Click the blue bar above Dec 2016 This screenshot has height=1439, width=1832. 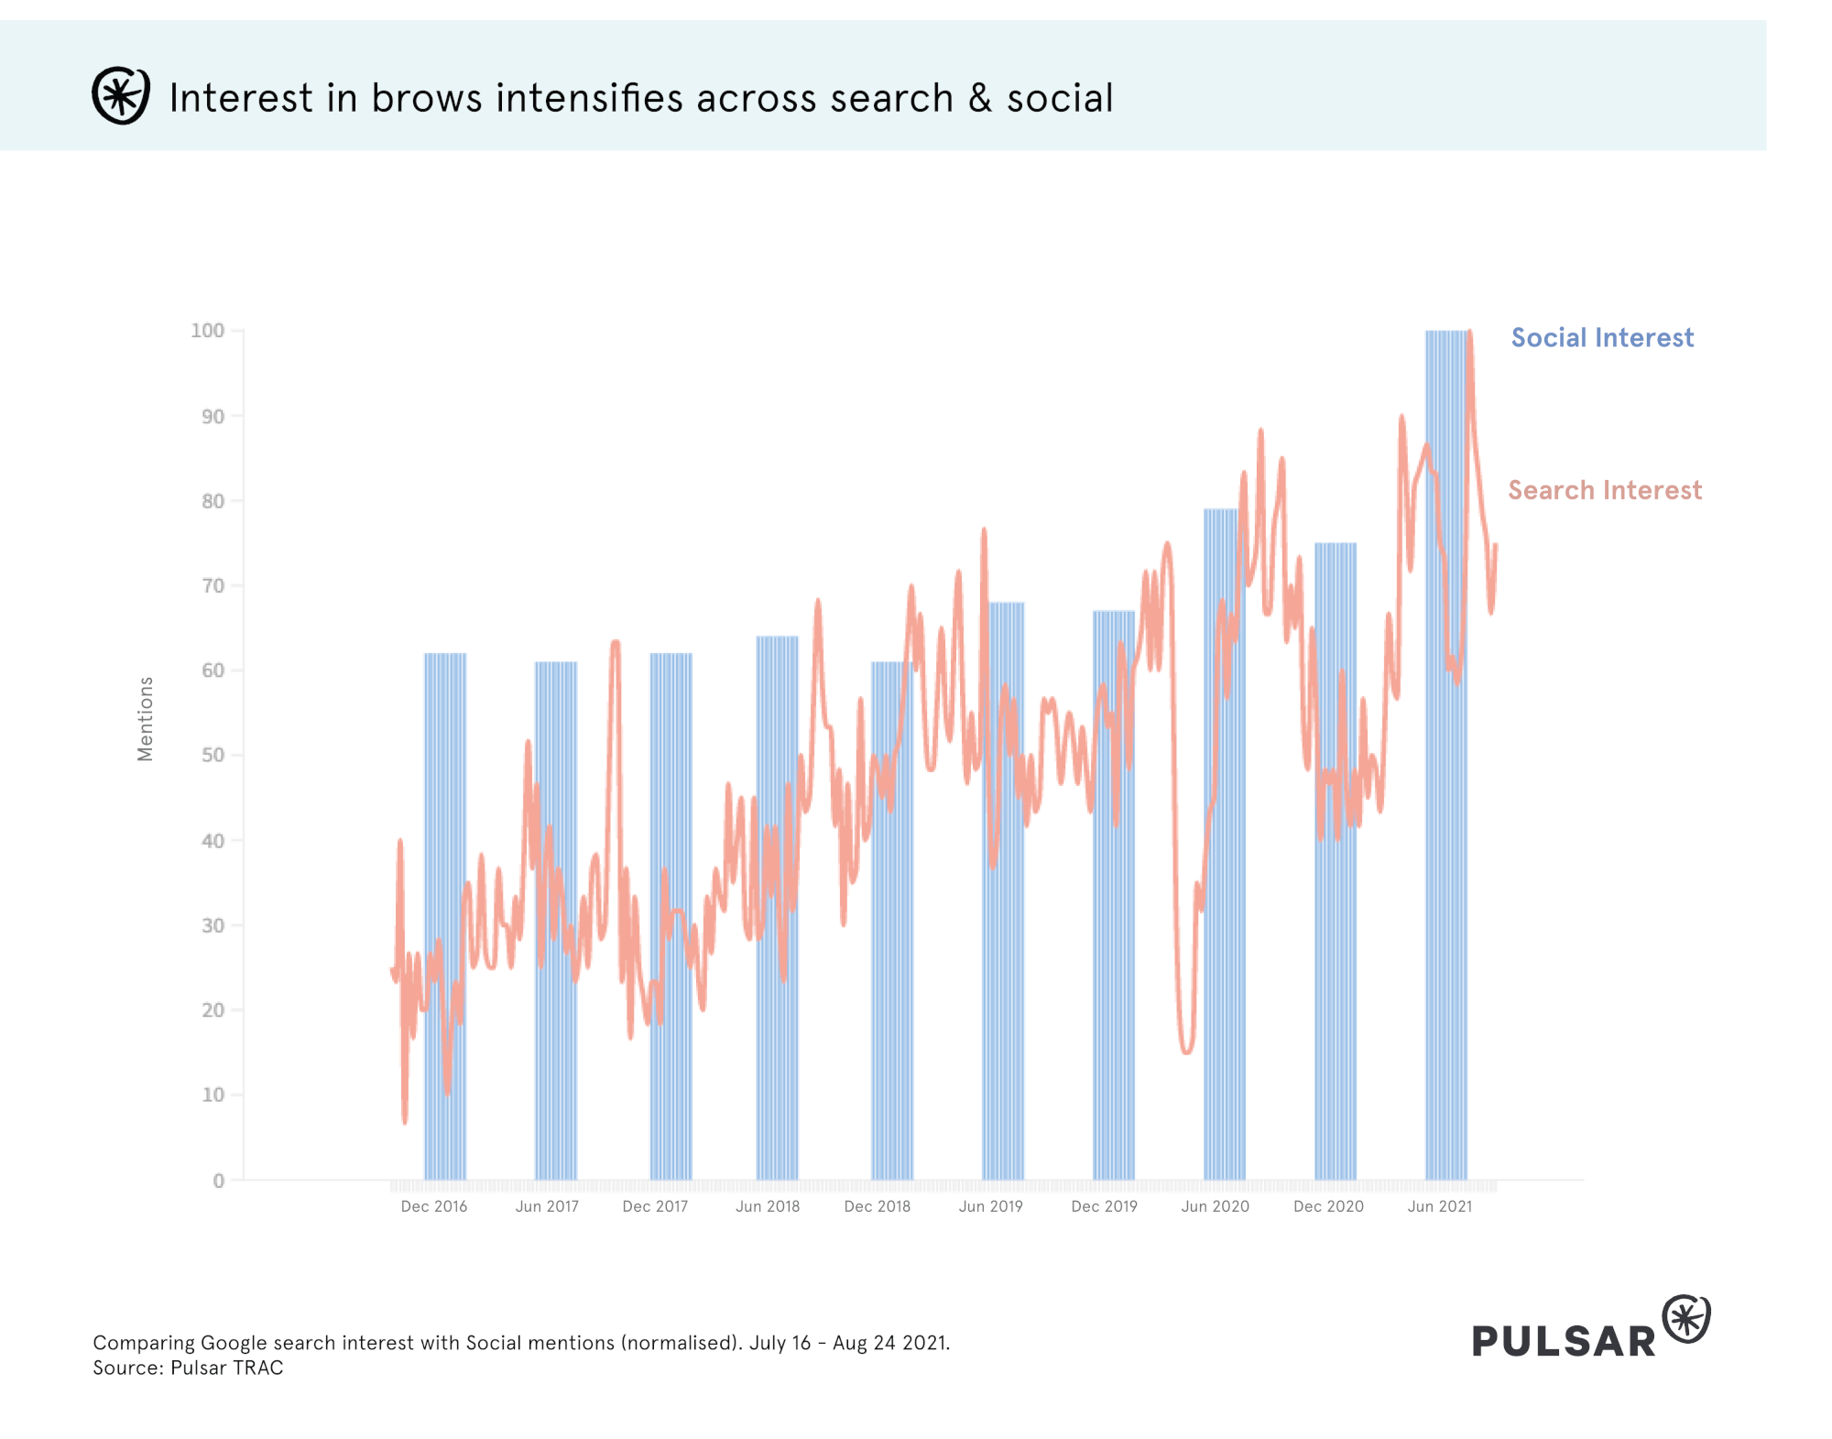pos(445,916)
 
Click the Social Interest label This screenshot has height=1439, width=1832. pos(1602,338)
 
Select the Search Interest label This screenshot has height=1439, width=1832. pos(1605,491)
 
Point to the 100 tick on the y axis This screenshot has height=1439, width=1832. pos(208,331)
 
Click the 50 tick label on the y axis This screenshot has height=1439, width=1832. pos(213,756)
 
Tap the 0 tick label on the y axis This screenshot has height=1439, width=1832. pos(218,1181)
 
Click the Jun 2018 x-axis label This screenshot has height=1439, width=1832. pos(768,1206)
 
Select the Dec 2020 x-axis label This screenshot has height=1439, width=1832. pos(1328,1206)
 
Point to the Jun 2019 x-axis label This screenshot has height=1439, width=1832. pos(990,1206)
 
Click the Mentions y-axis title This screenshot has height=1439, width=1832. pos(146,719)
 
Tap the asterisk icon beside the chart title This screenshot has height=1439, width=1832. pos(120,95)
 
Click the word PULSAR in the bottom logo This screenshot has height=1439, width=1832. pos(1564,1341)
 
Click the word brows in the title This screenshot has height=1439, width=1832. pos(426,98)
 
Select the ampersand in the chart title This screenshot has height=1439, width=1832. pos(980,98)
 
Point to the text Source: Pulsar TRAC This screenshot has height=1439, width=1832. pos(188,1368)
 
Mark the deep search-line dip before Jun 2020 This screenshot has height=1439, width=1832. pos(1187,1049)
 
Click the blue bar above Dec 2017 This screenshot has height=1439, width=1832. pos(671,916)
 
